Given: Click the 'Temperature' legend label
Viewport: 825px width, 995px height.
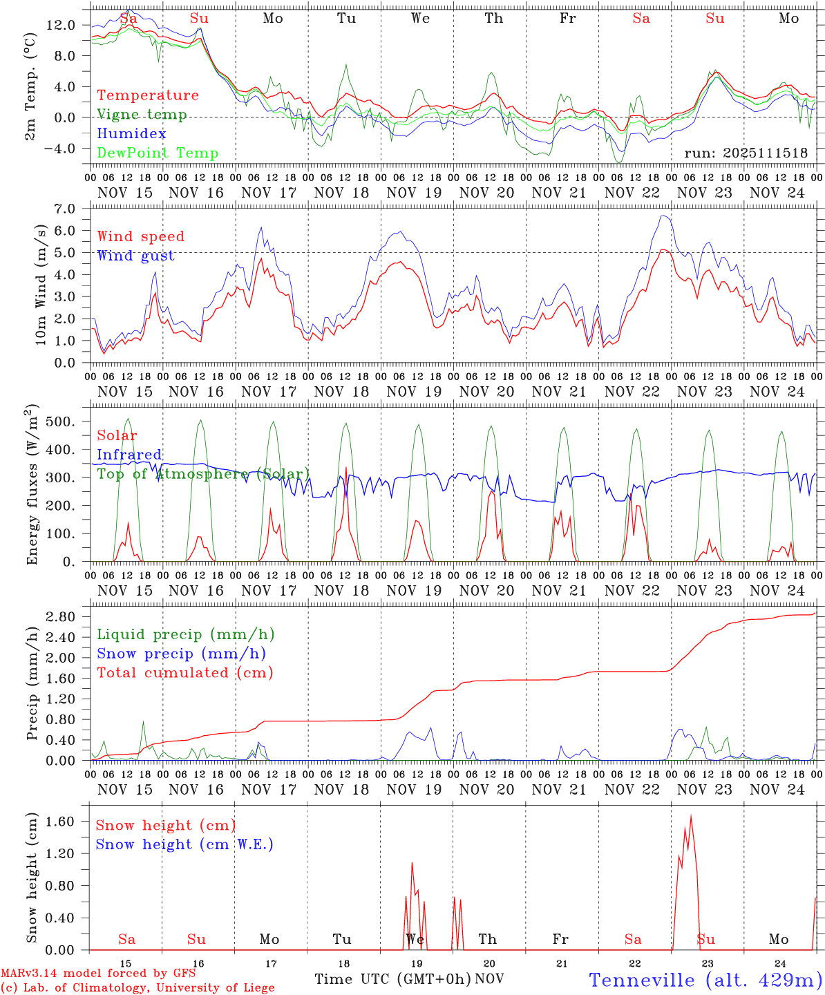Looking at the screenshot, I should point(148,95).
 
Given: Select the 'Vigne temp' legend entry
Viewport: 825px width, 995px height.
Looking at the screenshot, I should point(142,115).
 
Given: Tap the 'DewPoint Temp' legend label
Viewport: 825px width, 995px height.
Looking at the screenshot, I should point(158,153).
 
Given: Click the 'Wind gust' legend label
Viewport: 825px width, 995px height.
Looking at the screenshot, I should point(135,256).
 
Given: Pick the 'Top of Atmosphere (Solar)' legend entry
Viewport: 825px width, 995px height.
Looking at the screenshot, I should point(203,474).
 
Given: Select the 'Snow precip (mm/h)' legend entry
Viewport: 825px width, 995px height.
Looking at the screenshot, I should point(181,654).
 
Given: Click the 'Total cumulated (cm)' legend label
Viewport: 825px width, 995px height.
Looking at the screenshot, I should point(185,673).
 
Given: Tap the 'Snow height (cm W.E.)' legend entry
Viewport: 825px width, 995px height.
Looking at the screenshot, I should point(184,844).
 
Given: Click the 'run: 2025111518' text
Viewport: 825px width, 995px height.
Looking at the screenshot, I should point(746,153).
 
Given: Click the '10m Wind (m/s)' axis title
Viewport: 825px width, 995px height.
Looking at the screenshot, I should point(41,285).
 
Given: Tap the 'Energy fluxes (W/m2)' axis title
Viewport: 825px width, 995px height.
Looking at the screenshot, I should point(32,486).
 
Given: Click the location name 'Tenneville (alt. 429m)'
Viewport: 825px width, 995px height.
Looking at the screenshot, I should point(705,980).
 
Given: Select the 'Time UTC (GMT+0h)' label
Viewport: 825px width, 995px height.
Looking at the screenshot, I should point(392,979).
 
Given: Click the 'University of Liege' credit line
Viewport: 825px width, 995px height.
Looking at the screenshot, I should point(137,987).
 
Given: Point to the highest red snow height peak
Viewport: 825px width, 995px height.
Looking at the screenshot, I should point(691,816).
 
